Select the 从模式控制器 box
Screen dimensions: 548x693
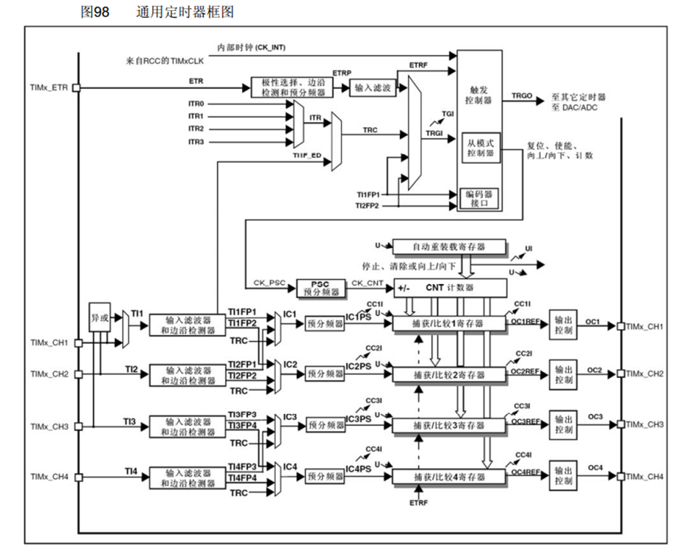[x=480, y=148]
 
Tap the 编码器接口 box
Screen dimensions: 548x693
[x=480, y=198]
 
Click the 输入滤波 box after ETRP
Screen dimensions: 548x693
[x=372, y=88]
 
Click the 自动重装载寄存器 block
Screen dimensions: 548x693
[x=449, y=247]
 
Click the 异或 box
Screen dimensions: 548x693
[x=100, y=318]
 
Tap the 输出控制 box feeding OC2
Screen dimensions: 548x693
[x=564, y=375]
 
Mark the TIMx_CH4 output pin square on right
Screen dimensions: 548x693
[x=621, y=476]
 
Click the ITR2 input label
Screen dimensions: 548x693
[x=196, y=129]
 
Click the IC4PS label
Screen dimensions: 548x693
[x=358, y=469]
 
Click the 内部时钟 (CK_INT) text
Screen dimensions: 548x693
[x=251, y=48]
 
